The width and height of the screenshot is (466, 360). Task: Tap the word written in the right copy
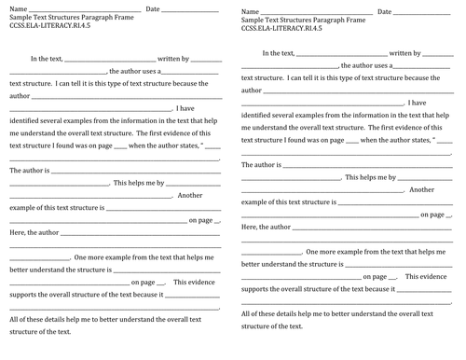click(x=382, y=55)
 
